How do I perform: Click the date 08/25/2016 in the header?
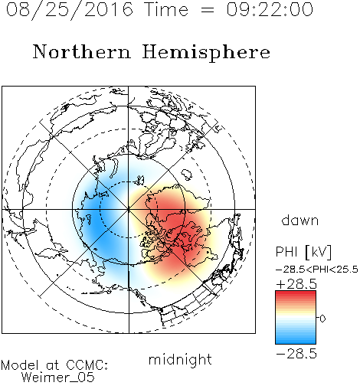click(x=70, y=10)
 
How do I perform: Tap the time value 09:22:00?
click(x=270, y=9)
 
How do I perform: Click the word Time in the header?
click(x=166, y=9)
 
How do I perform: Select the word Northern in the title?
click(x=82, y=51)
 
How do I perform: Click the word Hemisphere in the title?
click(x=206, y=53)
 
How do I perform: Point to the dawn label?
click(x=300, y=220)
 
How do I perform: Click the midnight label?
click(x=180, y=359)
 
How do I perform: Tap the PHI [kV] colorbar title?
click(x=303, y=252)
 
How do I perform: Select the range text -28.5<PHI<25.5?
click(x=317, y=270)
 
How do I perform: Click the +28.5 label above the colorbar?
click(x=296, y=284)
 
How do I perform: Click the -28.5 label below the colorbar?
click(x=296, y=354)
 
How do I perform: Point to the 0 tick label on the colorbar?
click(x=322, y=319)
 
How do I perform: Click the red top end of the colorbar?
click(x=296, y=293)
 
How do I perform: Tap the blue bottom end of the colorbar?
click(x=296, y=341)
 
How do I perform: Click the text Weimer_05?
click(x=58, y=378)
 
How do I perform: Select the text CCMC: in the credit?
click(x=87, y=365)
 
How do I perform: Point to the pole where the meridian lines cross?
click(x=129, y=210)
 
